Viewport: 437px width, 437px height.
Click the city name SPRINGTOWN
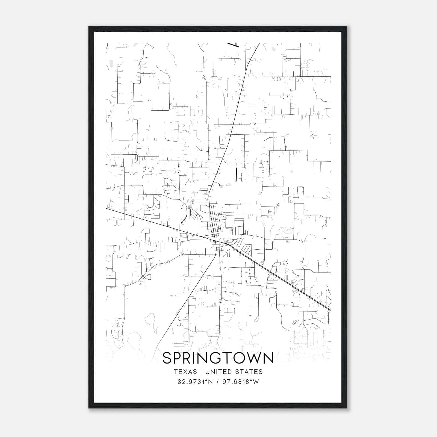[x=218, y=358]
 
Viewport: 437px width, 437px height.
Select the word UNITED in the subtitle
[x=217, y=372]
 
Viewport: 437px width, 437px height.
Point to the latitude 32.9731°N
[x=195, y=382]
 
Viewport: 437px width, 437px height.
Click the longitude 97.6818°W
[x=241, y=382]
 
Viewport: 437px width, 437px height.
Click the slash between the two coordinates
[x=217, y=382]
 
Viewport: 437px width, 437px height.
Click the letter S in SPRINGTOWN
[x=167, y=358]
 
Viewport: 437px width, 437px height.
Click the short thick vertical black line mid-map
[x=236, y=175]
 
